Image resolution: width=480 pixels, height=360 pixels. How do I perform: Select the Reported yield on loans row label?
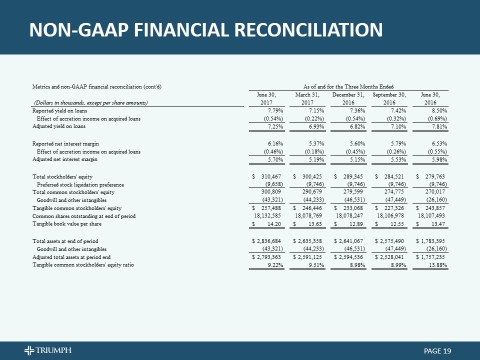click(59, 111)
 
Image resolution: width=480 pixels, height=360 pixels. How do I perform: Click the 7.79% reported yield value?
click(275, 111)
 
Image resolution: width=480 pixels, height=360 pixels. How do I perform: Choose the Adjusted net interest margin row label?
click(65, 159)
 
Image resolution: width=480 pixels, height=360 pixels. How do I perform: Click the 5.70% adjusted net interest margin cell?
click(275, 159)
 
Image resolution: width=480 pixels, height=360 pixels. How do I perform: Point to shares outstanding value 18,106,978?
click(389, 216)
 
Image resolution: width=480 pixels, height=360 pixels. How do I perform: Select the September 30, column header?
click(389, 94)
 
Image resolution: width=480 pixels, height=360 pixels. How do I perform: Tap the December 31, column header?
click(348, 94)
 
